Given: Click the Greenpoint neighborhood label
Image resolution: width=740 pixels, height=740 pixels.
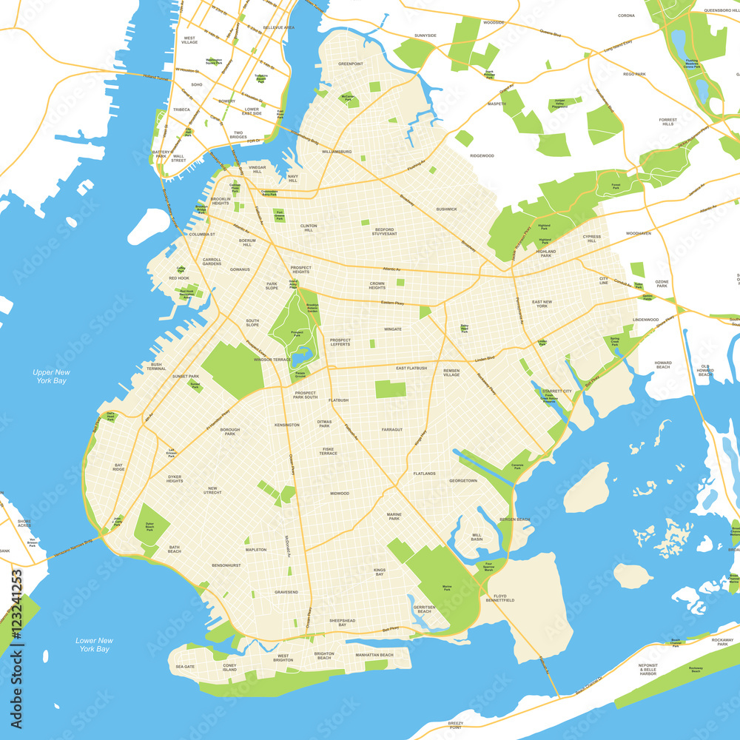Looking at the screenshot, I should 351,64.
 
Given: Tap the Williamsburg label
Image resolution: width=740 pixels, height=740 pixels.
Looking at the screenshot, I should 337,152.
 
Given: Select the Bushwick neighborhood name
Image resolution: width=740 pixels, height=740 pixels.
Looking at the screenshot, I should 446,209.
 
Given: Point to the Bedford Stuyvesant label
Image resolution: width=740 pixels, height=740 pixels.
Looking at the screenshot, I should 384,232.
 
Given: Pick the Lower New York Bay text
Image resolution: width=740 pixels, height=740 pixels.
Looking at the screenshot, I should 94,645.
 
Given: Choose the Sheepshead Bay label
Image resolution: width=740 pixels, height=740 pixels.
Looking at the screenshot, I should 342,623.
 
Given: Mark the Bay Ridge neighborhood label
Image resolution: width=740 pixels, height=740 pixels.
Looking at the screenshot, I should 118,467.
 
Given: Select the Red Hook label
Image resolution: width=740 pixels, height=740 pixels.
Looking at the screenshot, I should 179,278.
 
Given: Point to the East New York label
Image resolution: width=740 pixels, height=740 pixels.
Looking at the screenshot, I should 542,304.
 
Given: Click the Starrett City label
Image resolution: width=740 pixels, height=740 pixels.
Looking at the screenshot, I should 556,391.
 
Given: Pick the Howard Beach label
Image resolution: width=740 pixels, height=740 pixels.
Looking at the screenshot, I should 662,364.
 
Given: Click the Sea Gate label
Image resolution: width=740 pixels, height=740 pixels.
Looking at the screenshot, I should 185,667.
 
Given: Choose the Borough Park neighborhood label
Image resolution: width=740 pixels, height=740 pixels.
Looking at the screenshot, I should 229,432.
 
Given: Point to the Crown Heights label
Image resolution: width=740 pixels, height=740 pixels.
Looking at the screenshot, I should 377,285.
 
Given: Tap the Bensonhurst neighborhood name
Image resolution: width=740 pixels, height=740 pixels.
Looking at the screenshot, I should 226,565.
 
